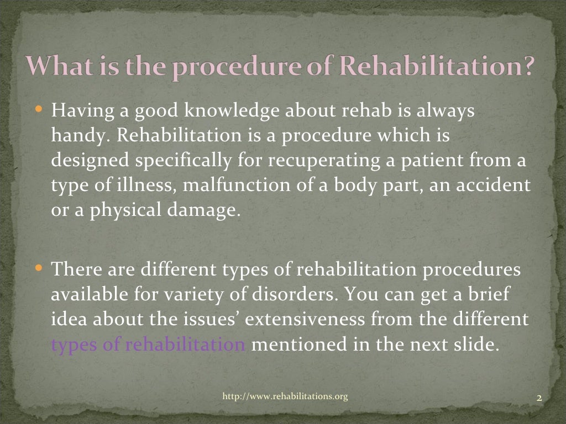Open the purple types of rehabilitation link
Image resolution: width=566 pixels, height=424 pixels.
tap(148, 345)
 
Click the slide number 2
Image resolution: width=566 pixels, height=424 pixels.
tap(538, 397)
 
